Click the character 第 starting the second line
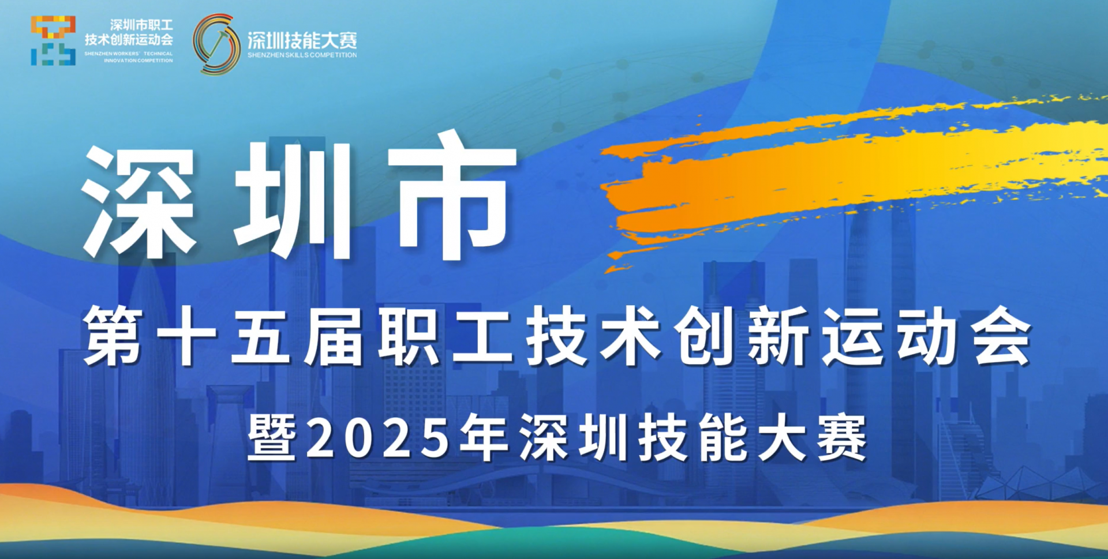pyautogui.click(x=113, y=336)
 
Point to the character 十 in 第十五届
pyautogui.click(x=186, y=336)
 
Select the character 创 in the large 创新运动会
pyautogui.click(x=705, y=336)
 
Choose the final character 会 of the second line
pyautogui.click(x=1001, y=336)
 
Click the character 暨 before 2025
pyautogui.click(x=272, y=438)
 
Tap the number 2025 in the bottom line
pyautogui.click(x=379, y=438)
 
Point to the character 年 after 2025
pyautogui.click(x=484, y=438)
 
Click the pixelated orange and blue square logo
pyautogui.click(x=53, y=40)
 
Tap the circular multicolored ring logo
pyautogui.click(x=216, y=44)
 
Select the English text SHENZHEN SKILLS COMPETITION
pyautogui.click(x=302, y=55)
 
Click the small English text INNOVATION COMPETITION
pyautogui.click(x=138, y=61)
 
